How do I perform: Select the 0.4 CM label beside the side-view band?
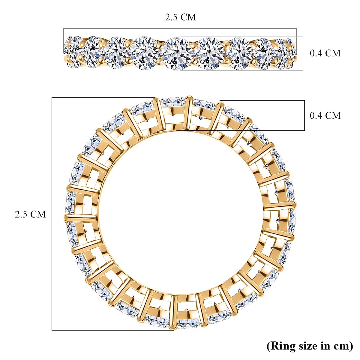(325, 53)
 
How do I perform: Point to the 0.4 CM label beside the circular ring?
(325, 115)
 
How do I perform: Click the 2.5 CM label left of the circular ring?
(30, 214)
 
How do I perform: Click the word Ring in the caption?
(281, 346)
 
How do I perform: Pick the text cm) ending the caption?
(343, 346)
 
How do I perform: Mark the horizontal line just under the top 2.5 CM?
(180, 29)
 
